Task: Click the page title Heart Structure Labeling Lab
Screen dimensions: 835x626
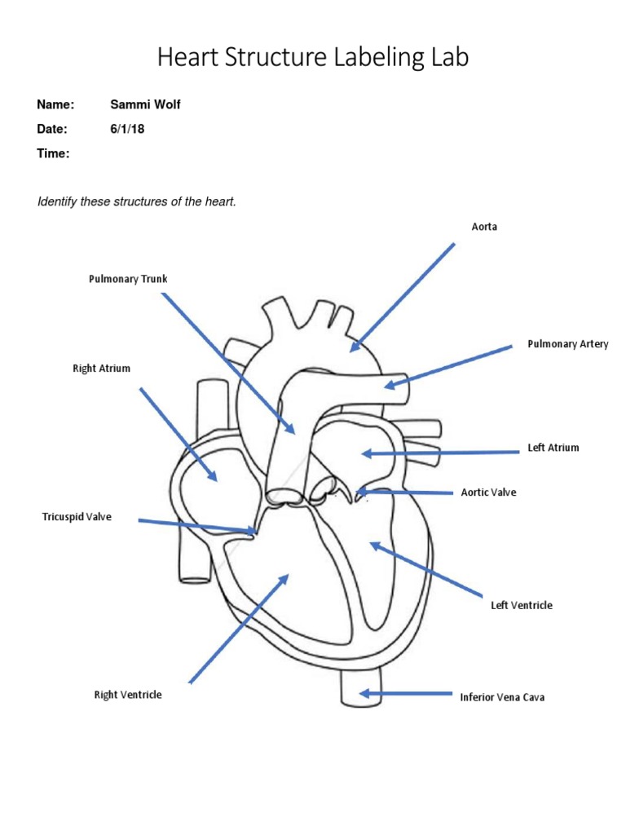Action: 313,58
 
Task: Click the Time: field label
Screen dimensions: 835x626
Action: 54,153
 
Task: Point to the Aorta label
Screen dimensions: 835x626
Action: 484,227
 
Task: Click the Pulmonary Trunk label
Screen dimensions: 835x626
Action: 127,279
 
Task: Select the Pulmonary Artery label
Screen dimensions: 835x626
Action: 567,344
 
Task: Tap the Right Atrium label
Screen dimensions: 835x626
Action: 101,369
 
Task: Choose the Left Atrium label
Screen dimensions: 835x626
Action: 553,448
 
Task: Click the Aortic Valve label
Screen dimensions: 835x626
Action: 488,493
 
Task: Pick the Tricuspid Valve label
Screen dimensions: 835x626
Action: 76,517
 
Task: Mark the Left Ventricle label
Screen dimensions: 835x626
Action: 521,605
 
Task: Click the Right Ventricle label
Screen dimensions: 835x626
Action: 128,695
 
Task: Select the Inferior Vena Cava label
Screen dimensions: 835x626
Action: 502,697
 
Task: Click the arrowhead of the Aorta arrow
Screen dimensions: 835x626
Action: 353,349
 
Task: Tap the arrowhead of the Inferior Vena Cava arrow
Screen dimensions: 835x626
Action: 364,694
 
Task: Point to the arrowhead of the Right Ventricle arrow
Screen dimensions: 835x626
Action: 285,577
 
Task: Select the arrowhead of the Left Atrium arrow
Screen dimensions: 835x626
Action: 364,453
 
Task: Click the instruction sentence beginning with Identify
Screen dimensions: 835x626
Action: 136,201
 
